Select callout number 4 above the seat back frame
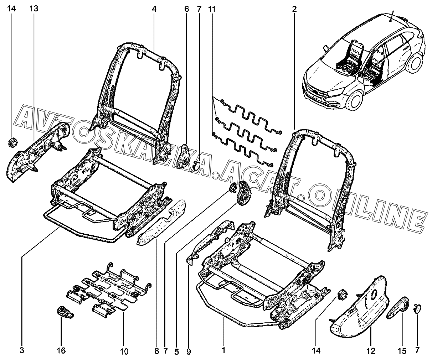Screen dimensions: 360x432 [154, 9]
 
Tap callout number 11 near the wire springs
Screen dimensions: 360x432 [212, 9]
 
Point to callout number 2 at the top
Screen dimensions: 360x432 [294, 9]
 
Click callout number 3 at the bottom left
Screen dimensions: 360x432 [22, 351]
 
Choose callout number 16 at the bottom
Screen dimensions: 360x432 [61, 351]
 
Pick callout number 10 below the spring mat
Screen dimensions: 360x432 [124, 352]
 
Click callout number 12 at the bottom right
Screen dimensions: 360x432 [371, 351]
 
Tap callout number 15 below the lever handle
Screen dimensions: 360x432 [402, 351]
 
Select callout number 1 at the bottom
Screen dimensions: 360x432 [223, 351]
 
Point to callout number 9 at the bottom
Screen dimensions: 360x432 [189, 352]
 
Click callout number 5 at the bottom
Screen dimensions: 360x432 [176, 352]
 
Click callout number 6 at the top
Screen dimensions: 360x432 [186, 9]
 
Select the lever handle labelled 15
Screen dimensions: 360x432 [398, 305]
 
